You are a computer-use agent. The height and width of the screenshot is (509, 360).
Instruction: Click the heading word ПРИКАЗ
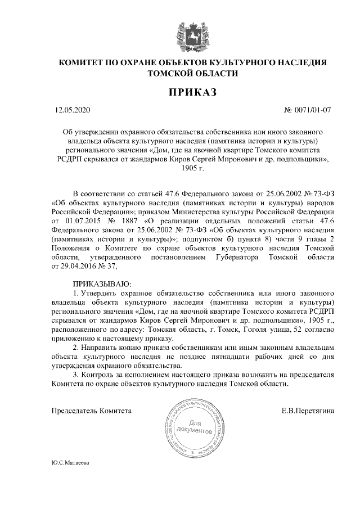[x=180, y=91]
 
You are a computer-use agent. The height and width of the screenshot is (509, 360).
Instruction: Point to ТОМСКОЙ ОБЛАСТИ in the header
[x=180, y=73]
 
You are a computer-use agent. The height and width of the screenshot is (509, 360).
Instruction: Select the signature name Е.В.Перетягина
[x=308, y=411]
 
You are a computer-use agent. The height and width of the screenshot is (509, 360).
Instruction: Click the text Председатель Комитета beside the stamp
[x=91, y=411]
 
